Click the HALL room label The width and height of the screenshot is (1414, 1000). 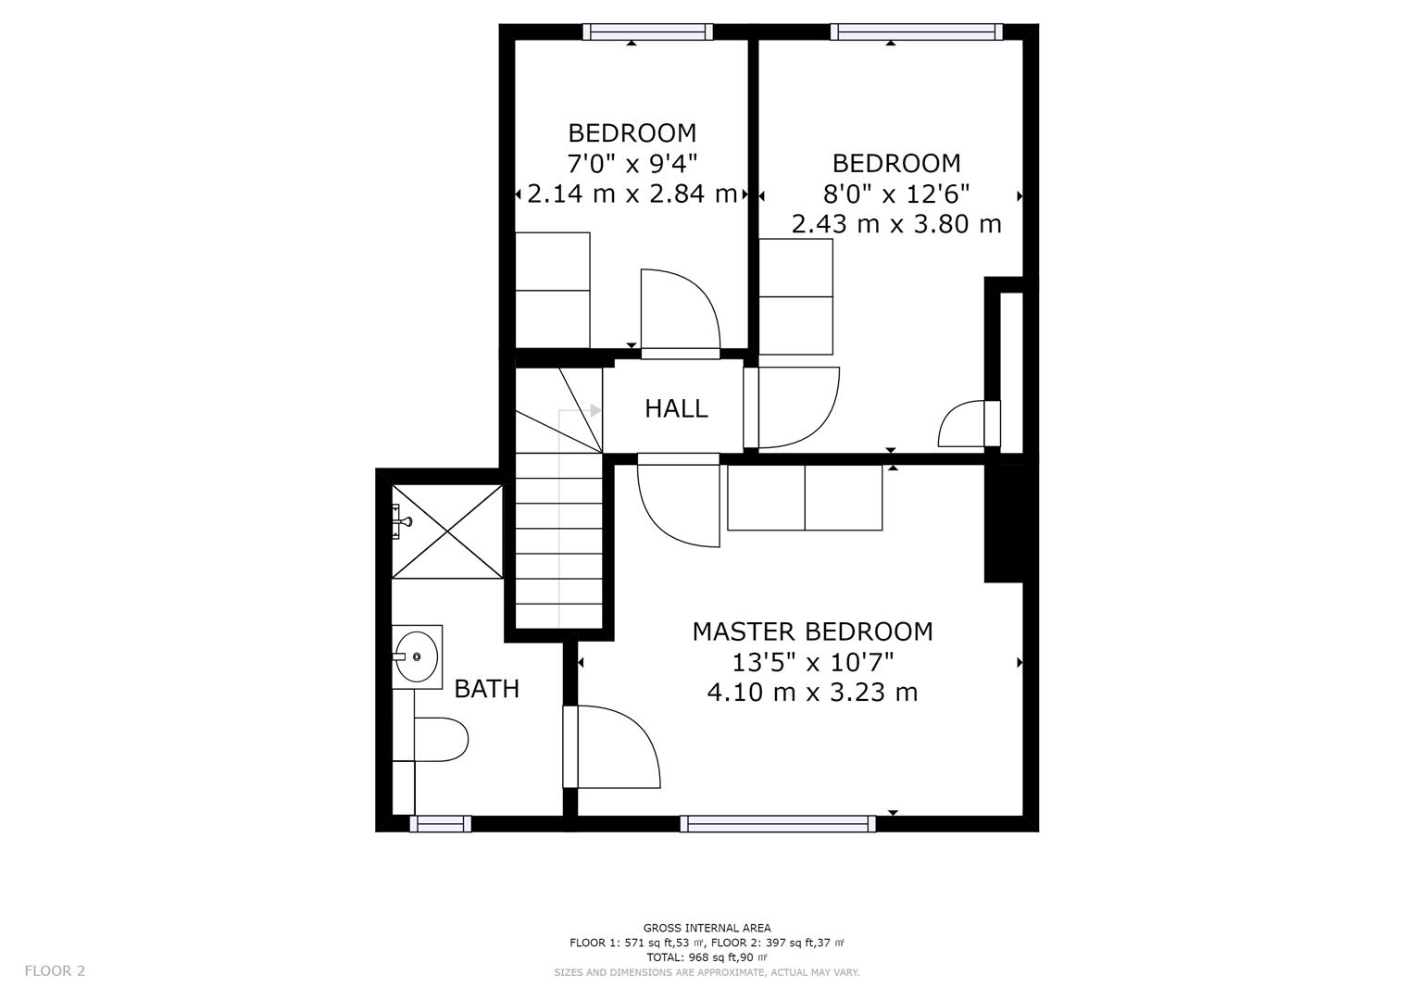tap(676, 409)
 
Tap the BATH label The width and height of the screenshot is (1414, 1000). tap(487, 689)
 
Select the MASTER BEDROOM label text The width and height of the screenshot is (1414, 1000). tap(812, 631)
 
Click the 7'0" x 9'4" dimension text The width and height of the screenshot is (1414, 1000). tap(632, 164)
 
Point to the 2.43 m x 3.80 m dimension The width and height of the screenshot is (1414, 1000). tap(896, 224)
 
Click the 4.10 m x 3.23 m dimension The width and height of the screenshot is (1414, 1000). tap(812, 693)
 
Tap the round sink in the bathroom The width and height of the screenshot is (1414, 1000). tap(417, 657)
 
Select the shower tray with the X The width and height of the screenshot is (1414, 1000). tap(447, 531)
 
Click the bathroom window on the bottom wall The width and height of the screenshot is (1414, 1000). tap(441, 824)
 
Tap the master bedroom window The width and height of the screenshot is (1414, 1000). tap(779, 824)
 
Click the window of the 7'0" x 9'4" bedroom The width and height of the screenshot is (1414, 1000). tap(647, 31)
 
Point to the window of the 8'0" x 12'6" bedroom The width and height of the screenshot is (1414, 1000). tap(917, 31)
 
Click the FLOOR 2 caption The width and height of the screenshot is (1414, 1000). tap(55, 971)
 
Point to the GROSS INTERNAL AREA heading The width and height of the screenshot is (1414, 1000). tap(707, 928)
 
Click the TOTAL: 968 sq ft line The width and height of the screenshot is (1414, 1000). tap(707, 957)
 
